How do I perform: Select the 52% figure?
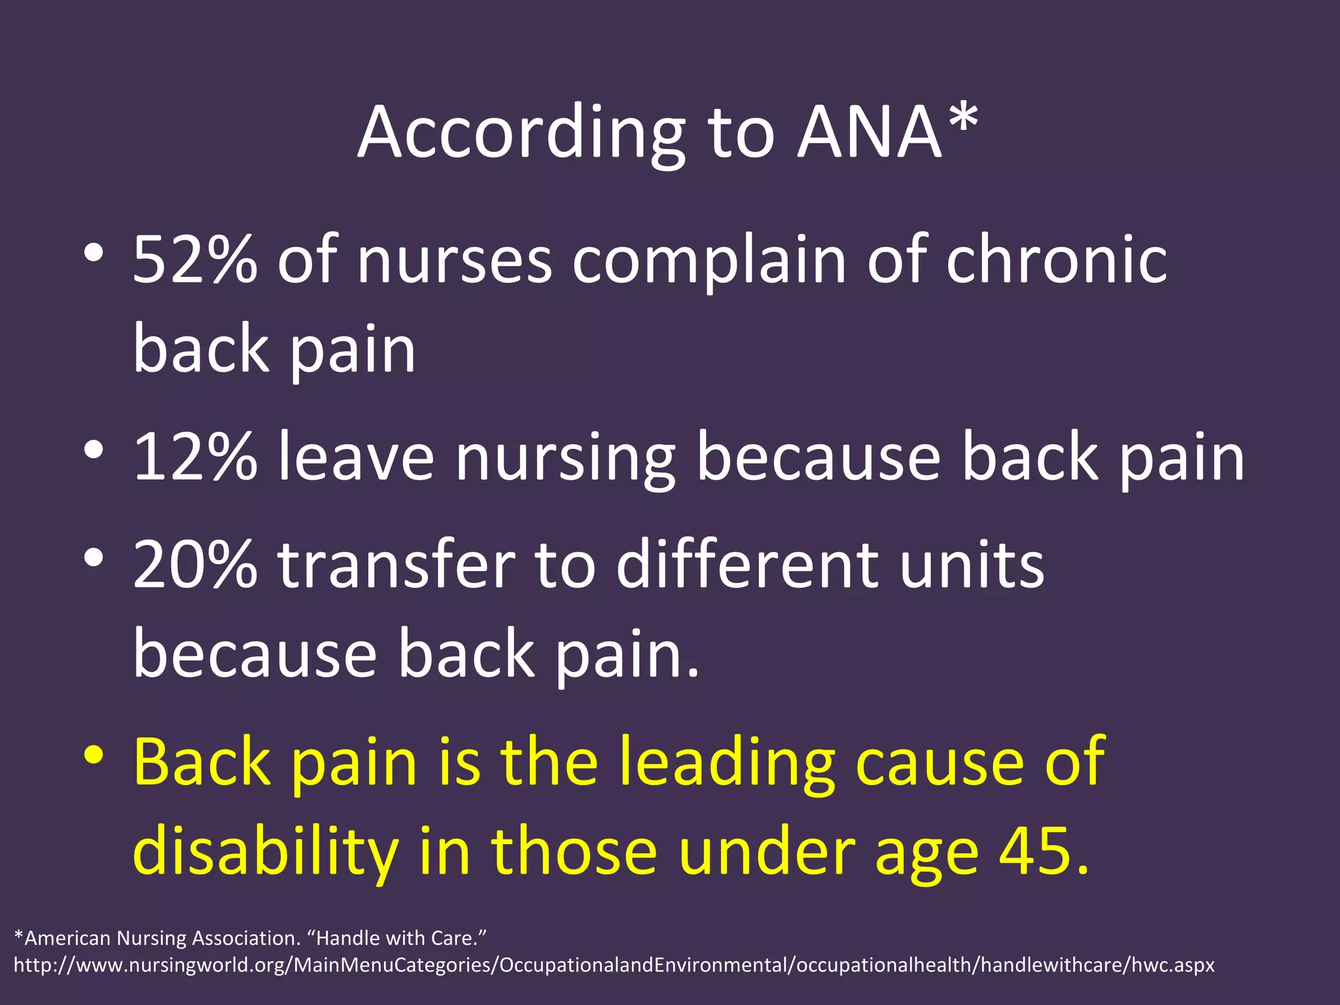pos(195,260)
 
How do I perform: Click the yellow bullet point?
pos(94,755)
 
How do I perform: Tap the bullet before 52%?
pos(94,253)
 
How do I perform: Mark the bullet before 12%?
pos(94,450)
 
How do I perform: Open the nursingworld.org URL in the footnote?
pos(614,965)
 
